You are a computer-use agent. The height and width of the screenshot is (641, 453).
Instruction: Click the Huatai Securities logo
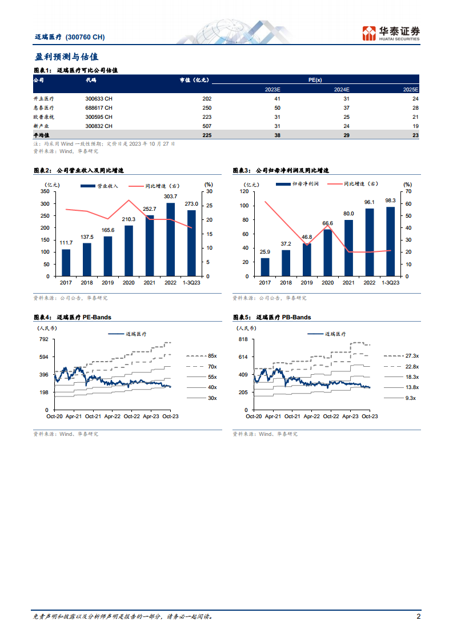391,33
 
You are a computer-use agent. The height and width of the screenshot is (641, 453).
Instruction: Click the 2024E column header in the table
341,90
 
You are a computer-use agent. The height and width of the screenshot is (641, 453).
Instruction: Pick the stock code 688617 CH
99,107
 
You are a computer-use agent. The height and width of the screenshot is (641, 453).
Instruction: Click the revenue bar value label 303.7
170,197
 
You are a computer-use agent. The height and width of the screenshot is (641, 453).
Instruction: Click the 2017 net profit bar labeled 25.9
265,267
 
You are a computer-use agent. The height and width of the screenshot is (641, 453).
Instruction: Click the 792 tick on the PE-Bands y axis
43,339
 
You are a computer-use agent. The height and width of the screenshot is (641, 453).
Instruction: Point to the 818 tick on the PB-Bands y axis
243,339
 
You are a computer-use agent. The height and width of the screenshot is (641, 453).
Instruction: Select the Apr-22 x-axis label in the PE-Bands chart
113,416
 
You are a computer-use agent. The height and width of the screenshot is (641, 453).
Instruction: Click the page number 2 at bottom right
419,616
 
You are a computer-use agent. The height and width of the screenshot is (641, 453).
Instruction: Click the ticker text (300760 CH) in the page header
85,37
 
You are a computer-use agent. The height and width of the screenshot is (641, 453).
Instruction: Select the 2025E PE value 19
415,126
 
